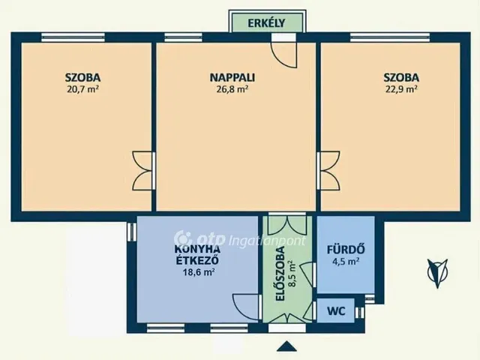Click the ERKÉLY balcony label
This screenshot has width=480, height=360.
tap(266, 23)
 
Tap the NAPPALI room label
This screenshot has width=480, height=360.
tap(232, 77)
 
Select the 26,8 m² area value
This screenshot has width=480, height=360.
tap(232, 89)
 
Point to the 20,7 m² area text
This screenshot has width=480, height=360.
tap(82, 89)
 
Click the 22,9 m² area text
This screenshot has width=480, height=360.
tap(401, 89)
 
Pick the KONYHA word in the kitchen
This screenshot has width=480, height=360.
tap(197, 249)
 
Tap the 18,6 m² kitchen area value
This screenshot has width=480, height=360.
tap(198, 271)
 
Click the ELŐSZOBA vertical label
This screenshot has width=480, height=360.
tap(280, 274)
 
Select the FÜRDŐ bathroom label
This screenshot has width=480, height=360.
tap(346, 250)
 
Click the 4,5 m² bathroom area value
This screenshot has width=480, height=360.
tap(346, 262)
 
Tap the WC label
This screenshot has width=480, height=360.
tap(336, 311)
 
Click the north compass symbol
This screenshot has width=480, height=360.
tap(437, 273)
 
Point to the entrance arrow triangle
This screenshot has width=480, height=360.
tap(286, 346)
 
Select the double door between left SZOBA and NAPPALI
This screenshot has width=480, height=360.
tap(142, 170)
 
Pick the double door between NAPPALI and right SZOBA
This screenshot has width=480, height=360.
tap(328, 170)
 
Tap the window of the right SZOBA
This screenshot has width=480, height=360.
tap(390, 37)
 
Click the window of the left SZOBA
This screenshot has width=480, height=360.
tap(73, 37)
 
